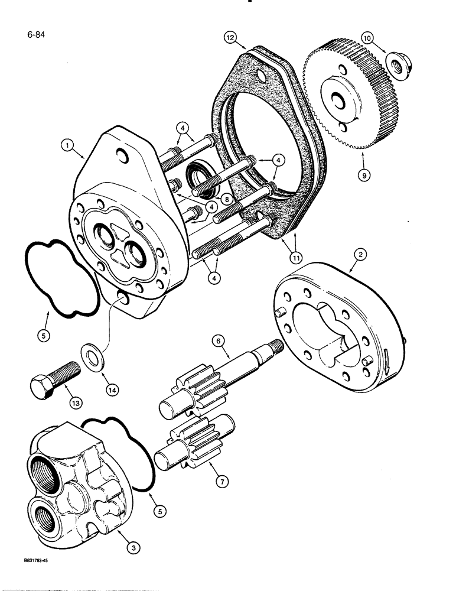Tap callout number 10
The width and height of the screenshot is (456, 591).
[x=367, y=38]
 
